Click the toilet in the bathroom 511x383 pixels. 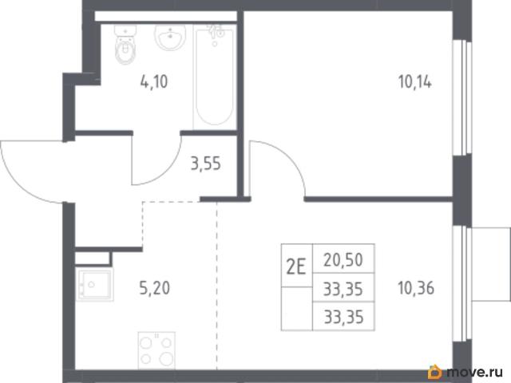pos(125,45)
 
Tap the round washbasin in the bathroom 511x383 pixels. pos(170,38)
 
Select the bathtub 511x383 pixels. pos(215,77)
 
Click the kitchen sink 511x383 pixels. pos(94,285)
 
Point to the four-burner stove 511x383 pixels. pos(156,350)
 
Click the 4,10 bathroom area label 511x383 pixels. pos(154,81)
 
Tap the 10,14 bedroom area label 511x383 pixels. pos(415,81)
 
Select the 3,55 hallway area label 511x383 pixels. pos(206,164)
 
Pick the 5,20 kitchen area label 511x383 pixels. pos(154,288)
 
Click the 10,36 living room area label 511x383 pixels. pos(416,288)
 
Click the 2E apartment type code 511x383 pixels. pos(296,267)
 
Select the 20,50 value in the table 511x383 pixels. pos(343,260)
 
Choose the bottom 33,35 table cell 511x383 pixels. pos(343,317)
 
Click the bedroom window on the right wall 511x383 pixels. pos(463,97)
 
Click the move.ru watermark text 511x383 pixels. pos(475,372)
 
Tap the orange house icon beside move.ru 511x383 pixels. pos(434,372)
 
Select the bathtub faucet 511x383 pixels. pos(216,34)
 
